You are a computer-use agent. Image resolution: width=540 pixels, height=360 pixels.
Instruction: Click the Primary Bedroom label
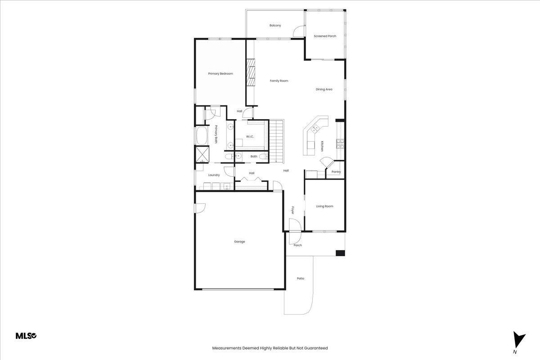[220, 73]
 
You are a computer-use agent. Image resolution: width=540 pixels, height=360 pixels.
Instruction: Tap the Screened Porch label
[325, 36]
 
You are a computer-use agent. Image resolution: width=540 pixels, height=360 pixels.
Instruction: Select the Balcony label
[275, 25]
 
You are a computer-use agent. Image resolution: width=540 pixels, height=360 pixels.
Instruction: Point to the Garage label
[239, 241]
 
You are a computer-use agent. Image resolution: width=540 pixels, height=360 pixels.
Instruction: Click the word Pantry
[336, 172]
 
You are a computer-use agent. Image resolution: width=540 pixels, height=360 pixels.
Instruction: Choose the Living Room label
[324, 206]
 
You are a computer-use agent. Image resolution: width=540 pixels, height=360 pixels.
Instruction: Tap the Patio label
[301, 278]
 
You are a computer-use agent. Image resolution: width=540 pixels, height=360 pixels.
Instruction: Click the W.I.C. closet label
[250, 137]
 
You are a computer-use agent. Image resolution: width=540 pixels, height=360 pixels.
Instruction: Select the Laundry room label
[214, 175]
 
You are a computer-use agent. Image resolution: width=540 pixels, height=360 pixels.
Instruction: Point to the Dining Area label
[324, 89]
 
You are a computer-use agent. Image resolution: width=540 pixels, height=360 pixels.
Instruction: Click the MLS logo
[26, 336]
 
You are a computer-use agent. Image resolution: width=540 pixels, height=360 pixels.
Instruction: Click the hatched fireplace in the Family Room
[251, 72]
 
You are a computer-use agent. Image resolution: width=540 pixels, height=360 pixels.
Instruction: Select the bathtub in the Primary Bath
[202, 136]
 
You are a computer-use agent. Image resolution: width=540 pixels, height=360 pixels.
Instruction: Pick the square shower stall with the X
[202, 154]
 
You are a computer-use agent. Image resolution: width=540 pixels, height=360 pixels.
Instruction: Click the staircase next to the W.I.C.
[276, 141]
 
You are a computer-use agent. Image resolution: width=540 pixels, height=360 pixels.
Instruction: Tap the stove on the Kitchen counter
[340, 144]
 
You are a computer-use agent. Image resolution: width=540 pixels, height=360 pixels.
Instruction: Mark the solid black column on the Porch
[340, 253]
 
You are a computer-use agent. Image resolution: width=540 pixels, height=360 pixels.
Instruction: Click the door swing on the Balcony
[298, 31]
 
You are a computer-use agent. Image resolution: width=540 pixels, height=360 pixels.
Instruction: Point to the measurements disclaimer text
[270, 348]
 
